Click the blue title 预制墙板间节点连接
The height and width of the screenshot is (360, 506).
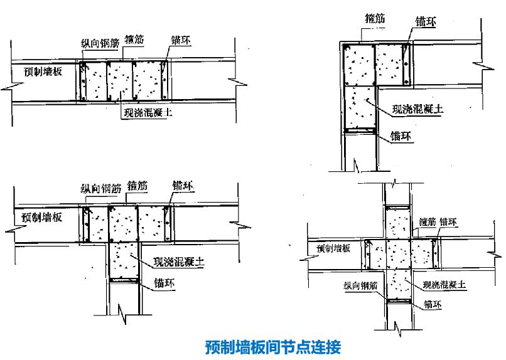point(272,346)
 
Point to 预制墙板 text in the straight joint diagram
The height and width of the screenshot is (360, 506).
point(39,72)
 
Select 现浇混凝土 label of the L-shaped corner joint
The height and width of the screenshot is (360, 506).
point(417,109)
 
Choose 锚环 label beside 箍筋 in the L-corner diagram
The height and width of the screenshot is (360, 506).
point(426,21)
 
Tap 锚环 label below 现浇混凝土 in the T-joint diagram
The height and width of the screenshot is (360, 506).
point(164,283)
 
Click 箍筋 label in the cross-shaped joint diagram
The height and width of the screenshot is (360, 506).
point(427,221)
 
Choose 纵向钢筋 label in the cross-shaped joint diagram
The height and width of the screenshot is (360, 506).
point(360,285)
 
